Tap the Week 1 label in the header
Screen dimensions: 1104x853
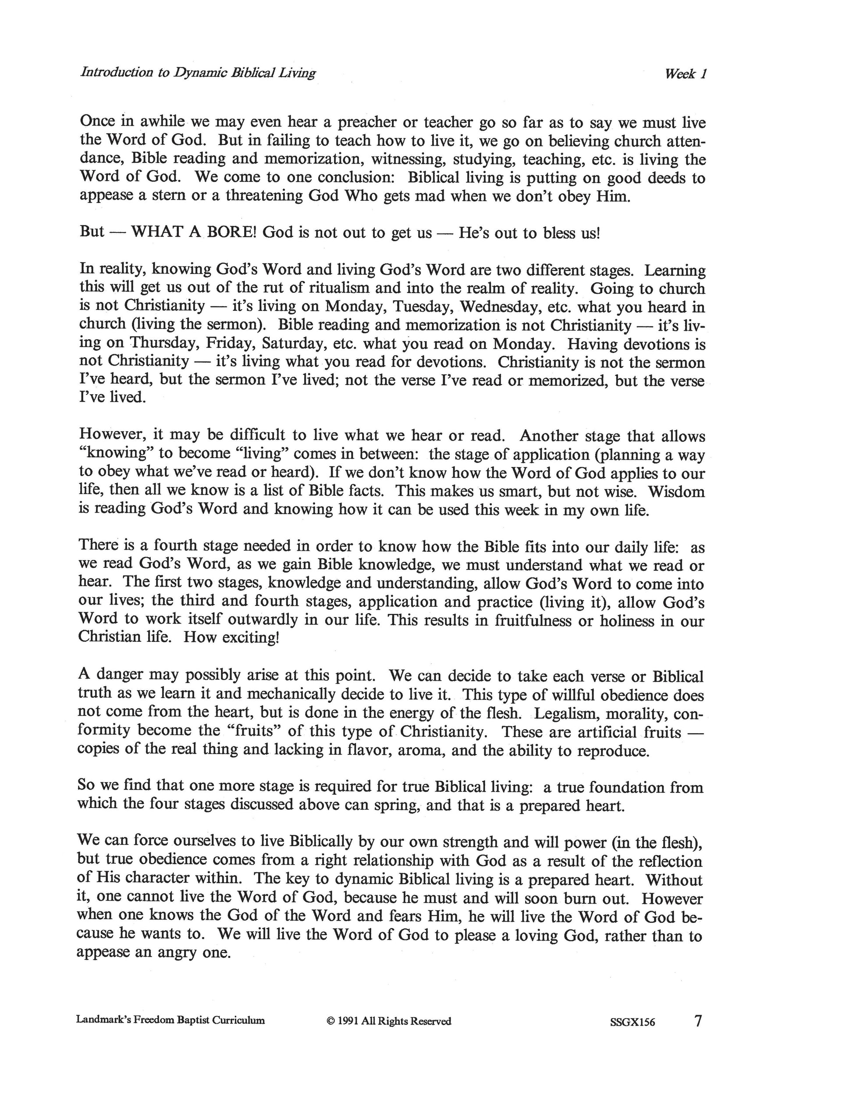point(685,74)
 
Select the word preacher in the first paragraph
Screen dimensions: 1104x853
point(366,122)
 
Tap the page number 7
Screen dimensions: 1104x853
point(698,1021)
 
